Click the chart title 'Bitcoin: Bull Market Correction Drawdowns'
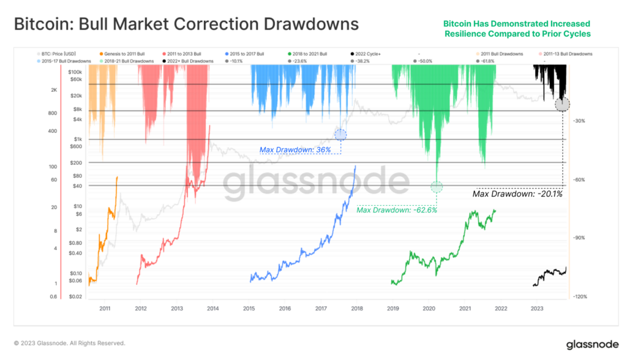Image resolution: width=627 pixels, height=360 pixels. pos(186,25)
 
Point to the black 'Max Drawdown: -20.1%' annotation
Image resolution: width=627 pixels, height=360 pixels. pos(517,194)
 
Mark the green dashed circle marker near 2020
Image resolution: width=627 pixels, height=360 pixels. pos(437,187)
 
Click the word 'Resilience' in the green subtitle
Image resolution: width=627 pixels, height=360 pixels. pos(470,34)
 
